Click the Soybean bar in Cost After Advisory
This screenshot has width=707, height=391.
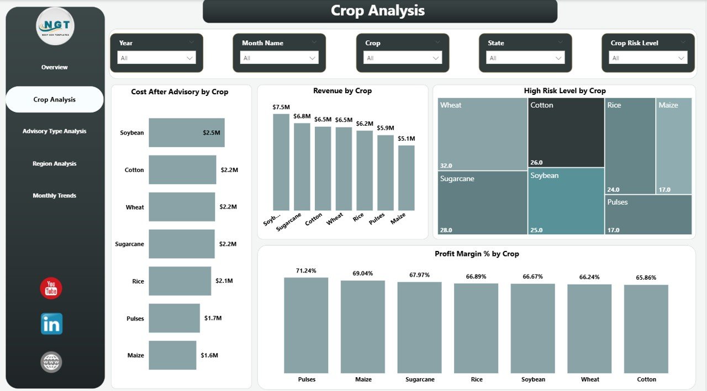pos(186,132)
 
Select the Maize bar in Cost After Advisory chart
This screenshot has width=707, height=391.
pos(172,355)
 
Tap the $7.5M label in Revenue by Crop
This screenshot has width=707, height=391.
pos(281,107)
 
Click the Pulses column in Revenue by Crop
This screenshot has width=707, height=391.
pos(385,173)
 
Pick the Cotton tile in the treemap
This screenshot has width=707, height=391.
pos(566,132)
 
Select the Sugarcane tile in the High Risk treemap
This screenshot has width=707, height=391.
pos(482,202)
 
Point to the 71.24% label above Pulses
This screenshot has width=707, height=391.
pos(306,271)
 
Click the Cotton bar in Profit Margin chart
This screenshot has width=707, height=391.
pos(646,329)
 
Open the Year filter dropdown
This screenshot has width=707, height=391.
pos(156,58)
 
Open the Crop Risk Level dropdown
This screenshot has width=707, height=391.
pos(648,58)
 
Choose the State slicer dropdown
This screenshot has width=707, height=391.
pos(525,58)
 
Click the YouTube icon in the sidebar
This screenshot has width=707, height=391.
pos(51,288)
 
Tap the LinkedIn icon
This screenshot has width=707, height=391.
pos(51,324)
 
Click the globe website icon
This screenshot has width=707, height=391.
pos(51,362)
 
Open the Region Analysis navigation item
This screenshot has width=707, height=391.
pos(54,164)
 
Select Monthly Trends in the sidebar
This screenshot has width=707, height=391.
pos(54,196)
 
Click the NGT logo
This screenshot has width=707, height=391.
pos(55,26)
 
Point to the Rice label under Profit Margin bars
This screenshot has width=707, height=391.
pos(477,379)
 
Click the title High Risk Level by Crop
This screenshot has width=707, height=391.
pos(564,91)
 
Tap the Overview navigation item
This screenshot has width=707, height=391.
pos(54,67)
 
